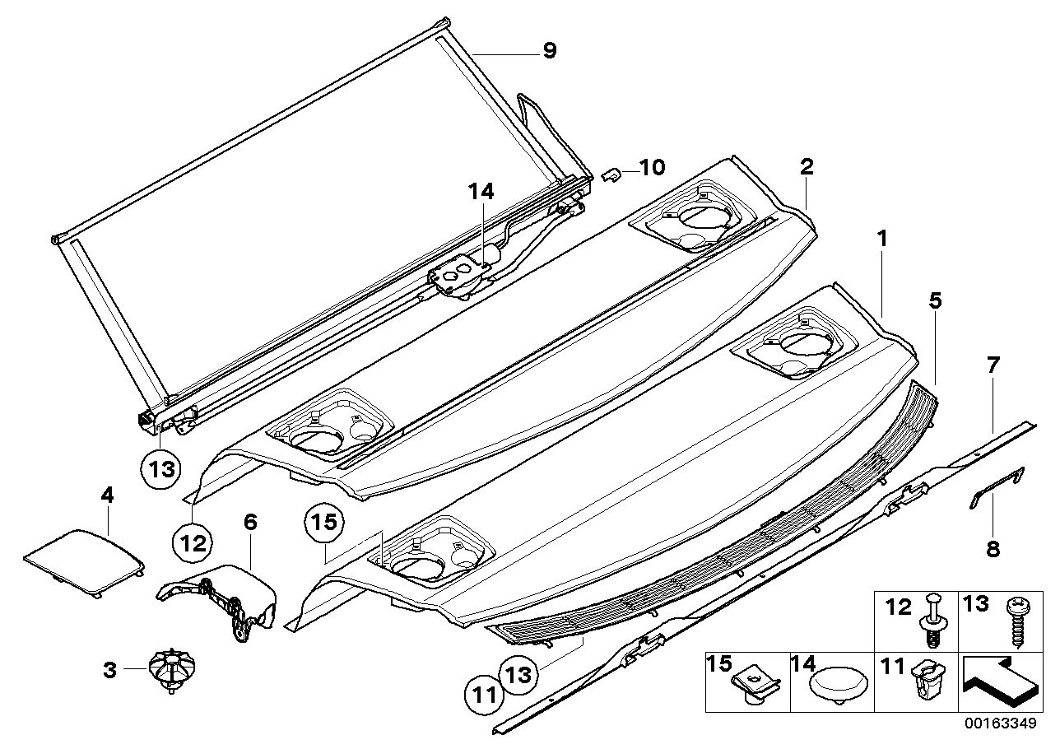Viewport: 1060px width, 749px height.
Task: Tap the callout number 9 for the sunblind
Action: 549,51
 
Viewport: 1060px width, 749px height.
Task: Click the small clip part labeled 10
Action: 611,175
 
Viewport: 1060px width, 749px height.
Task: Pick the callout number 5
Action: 936,301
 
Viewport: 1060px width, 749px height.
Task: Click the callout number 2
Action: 807,167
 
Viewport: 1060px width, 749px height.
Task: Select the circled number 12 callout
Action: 192,543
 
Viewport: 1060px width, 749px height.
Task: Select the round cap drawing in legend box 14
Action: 834,684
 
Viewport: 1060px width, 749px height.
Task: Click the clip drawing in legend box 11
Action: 923,688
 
